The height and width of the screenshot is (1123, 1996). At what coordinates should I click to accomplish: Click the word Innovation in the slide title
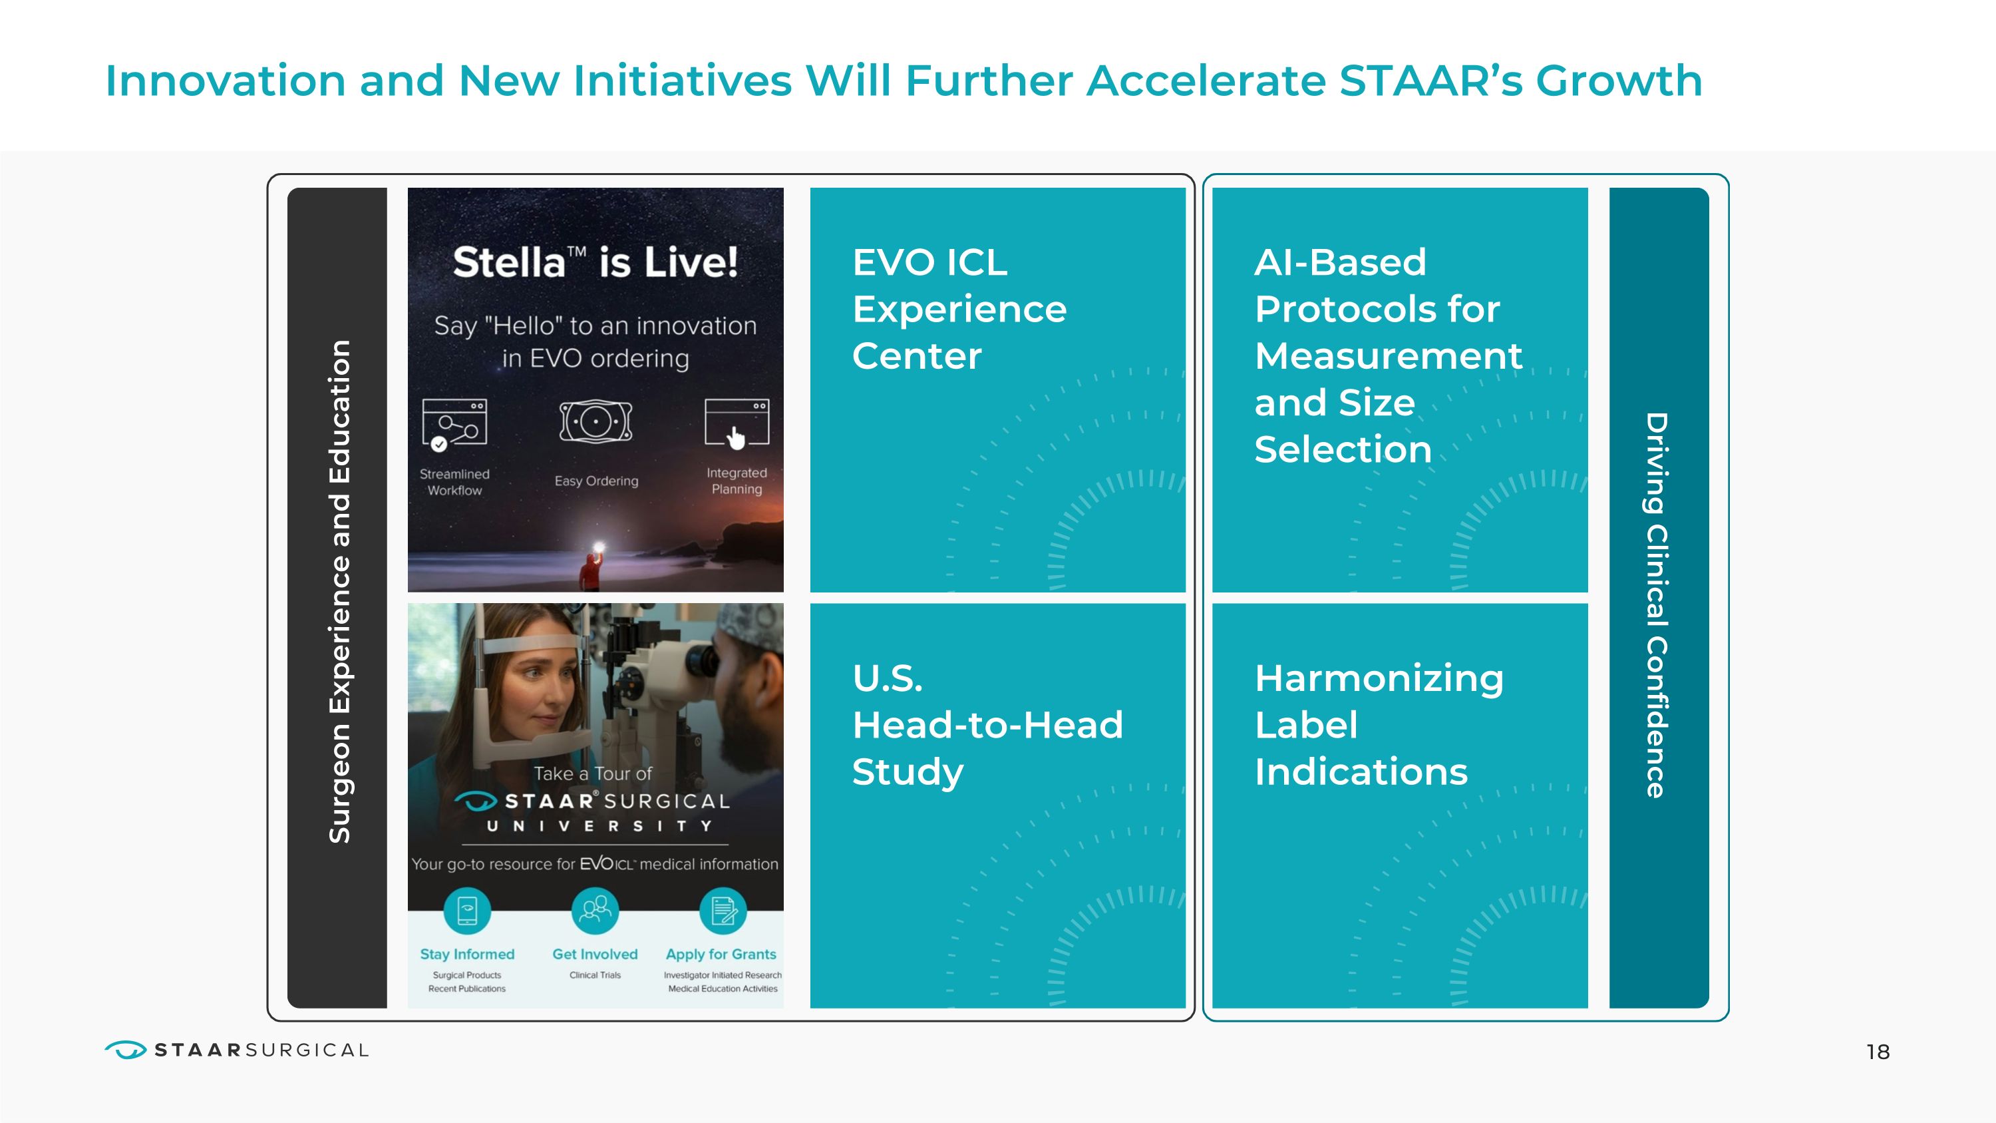point(225,81)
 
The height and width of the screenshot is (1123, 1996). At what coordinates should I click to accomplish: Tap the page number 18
point(1878,1052)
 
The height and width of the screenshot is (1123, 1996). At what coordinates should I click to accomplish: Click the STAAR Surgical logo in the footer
point(236,1050)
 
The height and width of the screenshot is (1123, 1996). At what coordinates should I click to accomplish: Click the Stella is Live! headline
point(595,262)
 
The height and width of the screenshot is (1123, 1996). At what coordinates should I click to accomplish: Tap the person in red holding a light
point(592,571)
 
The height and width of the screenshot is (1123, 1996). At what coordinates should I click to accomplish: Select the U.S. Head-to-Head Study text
point(987,725)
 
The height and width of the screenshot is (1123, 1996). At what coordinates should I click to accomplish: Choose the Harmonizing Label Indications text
point(1378,725)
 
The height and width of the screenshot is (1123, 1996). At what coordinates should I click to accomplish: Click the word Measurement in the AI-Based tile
point(1388,355)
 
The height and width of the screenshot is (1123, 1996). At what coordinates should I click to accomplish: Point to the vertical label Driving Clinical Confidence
point(1657,604)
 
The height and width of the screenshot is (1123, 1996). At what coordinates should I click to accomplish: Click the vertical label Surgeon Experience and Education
point(339,590)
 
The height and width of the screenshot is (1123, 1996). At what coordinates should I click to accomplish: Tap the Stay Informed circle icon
point(467,911)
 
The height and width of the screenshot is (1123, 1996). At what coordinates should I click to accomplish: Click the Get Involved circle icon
point(595,910)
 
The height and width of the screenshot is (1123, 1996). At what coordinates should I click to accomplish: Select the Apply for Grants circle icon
point(722,911)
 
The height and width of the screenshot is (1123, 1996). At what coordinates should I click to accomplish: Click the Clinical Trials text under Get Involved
point(595,975)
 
